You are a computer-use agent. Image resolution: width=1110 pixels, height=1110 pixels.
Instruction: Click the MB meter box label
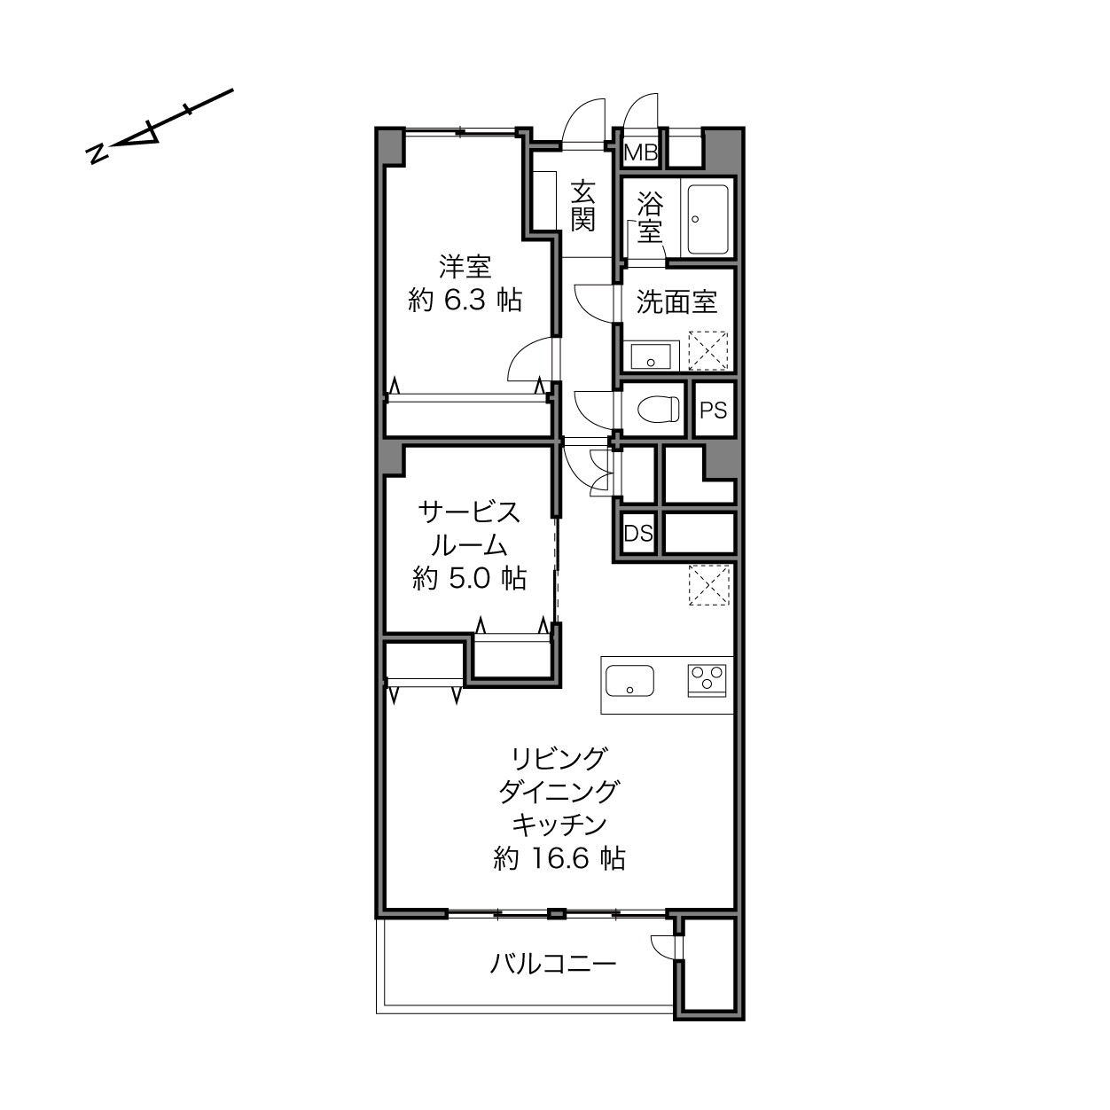[x=640, y=152]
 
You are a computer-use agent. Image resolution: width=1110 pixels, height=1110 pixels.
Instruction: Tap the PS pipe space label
[x=713, y=410]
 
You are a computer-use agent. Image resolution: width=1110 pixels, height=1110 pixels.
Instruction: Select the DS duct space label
[x=638, y=534]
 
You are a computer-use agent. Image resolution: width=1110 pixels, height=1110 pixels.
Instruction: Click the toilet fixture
[x=658, y=410]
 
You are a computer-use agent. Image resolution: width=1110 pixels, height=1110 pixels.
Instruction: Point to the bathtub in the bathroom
[x=707, y=219]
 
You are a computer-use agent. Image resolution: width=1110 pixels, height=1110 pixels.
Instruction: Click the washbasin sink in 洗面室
[x=651, y=356]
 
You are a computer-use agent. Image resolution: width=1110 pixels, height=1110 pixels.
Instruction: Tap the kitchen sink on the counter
[x=629, y=680]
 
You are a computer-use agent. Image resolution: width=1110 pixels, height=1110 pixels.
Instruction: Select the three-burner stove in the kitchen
[x=707, y=680]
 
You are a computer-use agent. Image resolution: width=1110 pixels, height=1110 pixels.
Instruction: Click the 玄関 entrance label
[x=583, y=206]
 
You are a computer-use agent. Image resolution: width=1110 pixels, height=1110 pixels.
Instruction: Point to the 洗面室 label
[x=676, y=301]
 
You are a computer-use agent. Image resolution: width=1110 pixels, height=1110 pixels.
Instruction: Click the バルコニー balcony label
[x=553, y=963]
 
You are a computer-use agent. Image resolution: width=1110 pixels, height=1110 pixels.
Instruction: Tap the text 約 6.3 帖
[x=465, y=301]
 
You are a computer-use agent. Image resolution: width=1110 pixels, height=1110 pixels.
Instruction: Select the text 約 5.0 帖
[x=470, y=578]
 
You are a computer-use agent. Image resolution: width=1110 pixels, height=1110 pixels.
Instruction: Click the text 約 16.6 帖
[x=559, y=858]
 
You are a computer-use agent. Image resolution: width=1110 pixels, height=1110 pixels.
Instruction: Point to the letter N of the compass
[x=98, y=153]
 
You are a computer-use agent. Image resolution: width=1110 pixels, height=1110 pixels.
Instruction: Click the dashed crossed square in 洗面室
[x=708, y=350]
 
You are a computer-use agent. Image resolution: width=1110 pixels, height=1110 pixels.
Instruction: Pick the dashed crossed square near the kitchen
[x=709, y=584]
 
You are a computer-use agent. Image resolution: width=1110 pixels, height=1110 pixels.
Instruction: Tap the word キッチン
[x=559, y=825]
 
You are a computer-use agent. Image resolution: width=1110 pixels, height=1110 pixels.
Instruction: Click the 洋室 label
[x=465, y=267]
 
